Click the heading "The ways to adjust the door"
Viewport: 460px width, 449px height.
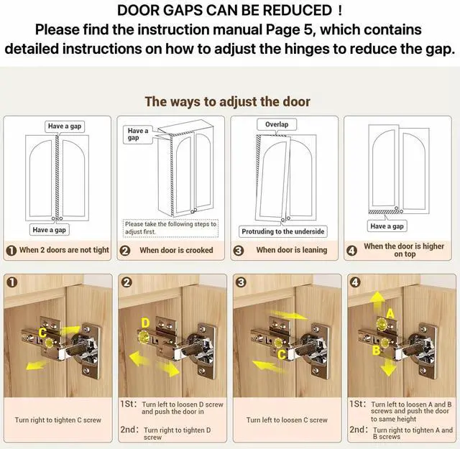click(x=228, y=101)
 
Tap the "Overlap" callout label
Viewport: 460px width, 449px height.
click(x=277, y=124)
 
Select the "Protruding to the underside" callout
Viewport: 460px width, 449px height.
click(x=282, y=231)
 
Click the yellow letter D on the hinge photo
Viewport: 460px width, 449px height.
click(x=145, y=323)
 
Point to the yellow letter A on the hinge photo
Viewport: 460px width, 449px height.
click(x=390, y=314)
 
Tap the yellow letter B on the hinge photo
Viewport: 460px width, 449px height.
click(x=377, y=350)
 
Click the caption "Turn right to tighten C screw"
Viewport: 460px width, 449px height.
click(x=57, y=420)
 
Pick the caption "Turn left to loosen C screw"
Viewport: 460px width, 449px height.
click(x=287, y=420)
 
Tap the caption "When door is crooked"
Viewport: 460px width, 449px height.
click(x=176, y=250)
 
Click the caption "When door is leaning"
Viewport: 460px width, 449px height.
click(x=292, y=250)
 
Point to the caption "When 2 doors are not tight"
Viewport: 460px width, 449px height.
click(x=64, y=250)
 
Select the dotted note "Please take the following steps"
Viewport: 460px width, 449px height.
click(x=170, y=228)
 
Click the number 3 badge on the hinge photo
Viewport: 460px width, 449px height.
click(x=241, y=282)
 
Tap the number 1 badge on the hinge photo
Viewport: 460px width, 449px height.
click(x=12, y=282)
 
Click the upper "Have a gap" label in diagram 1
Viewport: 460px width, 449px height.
click(x=65, y=126)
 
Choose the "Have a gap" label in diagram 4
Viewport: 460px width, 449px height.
click(x=387, y=226)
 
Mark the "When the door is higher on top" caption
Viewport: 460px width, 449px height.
click(x=404, y=250)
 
